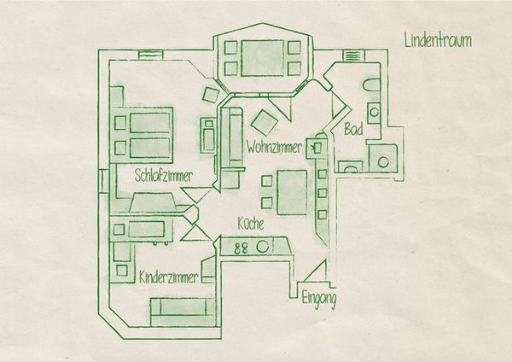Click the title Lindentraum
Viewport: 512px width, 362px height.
pyautogui.click(x=438, y=40)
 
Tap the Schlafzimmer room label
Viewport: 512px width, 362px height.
pyautogui.click(x=164, y=176)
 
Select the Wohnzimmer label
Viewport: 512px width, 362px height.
pyautogui.click(x=274, y=147)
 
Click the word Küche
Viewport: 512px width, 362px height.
pyautogui.click(x=251, y=224)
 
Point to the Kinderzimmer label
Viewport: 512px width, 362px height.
pyautogui.click(x=168, y=277)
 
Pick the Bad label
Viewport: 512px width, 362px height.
pyautogui.click(x=353, y=129)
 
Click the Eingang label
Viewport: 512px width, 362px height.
pyautogui.click(x=318, y=299)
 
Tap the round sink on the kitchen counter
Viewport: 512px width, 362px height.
pyautogui.click(x=262, y=247)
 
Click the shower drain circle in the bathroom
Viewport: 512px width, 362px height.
pyautogui.click(x=383, y=162)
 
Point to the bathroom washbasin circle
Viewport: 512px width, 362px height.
pyautogui.click(x=375, y=112)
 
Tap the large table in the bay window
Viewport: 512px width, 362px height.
pyautogui.click(x=263, y=58)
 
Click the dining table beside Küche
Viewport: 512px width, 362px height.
pyautogui.click(x=292, y=192)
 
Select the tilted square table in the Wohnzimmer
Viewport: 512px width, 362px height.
pyautogui.click(x=265, y=123)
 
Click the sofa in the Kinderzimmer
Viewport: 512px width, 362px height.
pyautogui.click(x=183, y=311)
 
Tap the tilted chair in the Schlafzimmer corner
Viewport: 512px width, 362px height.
pyautogui.click(x=211, y=95)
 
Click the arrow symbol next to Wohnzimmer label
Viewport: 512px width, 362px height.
pyautogui.click(x=316, y=149)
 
